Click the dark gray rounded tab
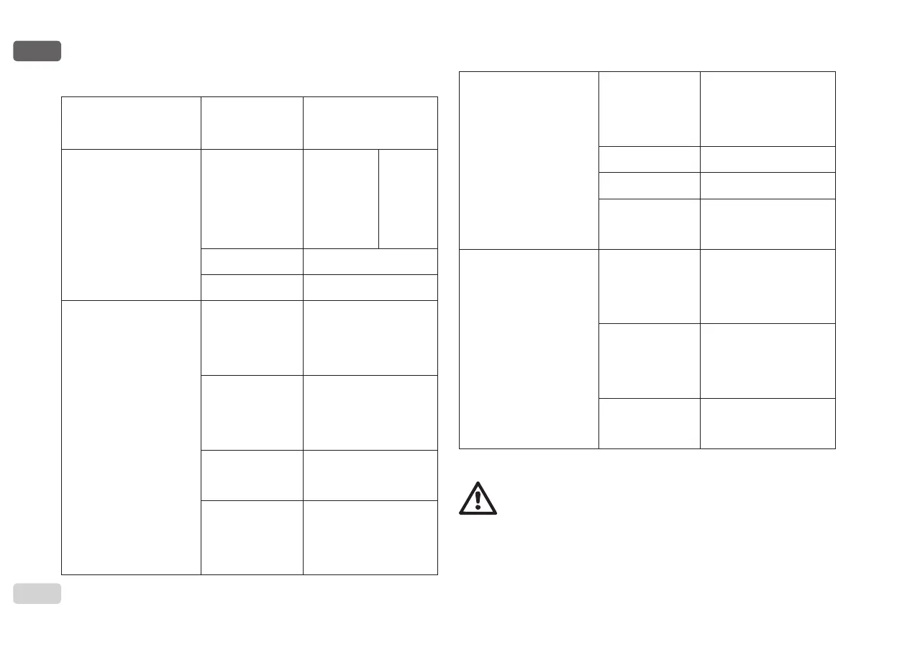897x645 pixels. click(x=37, y=51)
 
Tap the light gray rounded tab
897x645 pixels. click(x=37, y=592)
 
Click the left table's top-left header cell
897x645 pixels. click(x=131, y=122)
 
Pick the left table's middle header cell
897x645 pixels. click(x=252, y=122)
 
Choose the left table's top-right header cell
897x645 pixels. click(x=370, y=122)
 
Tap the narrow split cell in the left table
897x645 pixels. click(x=408, y=199)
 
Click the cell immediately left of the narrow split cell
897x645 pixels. click(x=341, y=199)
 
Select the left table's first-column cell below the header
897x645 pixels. click(x=131, y=225)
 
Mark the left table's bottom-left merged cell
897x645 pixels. click(x=131, y=437)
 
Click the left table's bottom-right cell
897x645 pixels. click(x=370, y=537)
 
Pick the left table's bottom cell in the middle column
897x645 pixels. click(x=252, y=537)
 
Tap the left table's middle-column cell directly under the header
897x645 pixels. click(x=252, y=199)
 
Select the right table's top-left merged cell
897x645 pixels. click(x=529, y=160)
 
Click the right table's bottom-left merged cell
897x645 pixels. click(x=529, y=348)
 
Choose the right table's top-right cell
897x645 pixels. click(x=768, y=109)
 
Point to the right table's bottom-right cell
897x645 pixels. click(x=768, y=423)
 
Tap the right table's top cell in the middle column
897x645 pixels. click(x=649, y=109)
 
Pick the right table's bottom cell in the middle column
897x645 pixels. click(x=649, y=423)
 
